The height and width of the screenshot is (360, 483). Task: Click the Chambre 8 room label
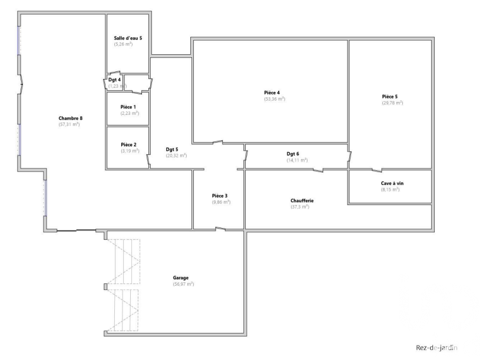click(71, 118)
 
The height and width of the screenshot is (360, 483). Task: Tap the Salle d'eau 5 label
click(128, 38)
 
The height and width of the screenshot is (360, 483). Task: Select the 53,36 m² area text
click(274, 99)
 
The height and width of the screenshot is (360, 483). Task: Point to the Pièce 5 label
click(390, 97)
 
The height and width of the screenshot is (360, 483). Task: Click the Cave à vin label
click(392, 183)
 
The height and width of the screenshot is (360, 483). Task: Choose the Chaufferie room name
click(302, 201)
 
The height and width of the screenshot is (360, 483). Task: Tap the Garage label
click(180, 278)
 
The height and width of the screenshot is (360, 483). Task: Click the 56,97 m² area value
click(183, 284)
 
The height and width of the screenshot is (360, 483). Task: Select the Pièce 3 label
click(220, 196)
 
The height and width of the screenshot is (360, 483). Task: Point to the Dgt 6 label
click(293, 154)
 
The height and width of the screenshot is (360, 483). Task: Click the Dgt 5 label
click(172, 150)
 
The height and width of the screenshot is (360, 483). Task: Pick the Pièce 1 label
click(128, 107)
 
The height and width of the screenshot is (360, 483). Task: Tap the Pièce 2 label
click(128, 144)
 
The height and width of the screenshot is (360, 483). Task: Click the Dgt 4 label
click(114, 80)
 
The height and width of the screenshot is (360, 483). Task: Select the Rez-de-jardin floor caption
click(436, 348)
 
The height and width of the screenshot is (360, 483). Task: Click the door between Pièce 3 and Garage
click(220, 229)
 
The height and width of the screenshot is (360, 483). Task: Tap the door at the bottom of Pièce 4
click(218, 143)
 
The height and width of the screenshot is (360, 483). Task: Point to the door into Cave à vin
click(377, 170)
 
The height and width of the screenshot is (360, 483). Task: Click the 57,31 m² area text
click(69, 124)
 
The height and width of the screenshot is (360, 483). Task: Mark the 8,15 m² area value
click(390, 189)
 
